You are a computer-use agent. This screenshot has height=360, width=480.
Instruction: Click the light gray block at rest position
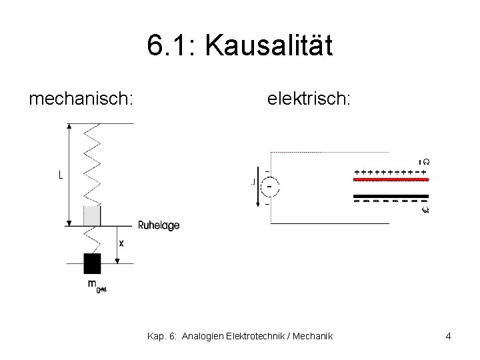(91, 216)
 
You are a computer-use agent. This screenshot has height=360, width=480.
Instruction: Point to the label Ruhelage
(159, 226)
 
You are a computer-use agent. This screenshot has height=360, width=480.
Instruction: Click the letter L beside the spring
(61, 175)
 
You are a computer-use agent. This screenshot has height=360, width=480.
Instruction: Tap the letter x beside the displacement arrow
(121, 244)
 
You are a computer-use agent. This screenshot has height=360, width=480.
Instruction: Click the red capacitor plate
(391, 180)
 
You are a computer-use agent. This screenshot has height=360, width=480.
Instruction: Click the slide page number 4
(448, 336)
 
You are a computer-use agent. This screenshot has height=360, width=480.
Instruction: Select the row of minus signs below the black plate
(390, 201)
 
